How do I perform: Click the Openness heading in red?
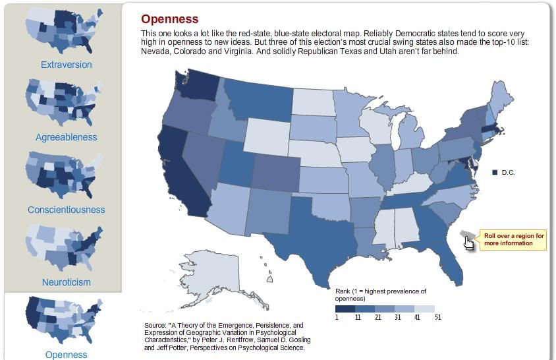(169, 19)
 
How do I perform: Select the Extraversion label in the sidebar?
(66, 65)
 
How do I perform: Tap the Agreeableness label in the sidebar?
(66, 137)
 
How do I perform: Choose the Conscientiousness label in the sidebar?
(66, 210)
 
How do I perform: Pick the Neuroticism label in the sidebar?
(66, 282)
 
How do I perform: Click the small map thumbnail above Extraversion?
(63, 31)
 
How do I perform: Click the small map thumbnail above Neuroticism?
(63, 248)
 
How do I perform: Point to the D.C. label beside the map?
(508, 173)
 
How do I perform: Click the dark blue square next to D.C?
(495, 173)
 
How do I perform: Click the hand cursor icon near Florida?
(469, 243)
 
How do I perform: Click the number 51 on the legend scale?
(437, 317)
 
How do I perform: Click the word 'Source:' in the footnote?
(155, 325)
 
